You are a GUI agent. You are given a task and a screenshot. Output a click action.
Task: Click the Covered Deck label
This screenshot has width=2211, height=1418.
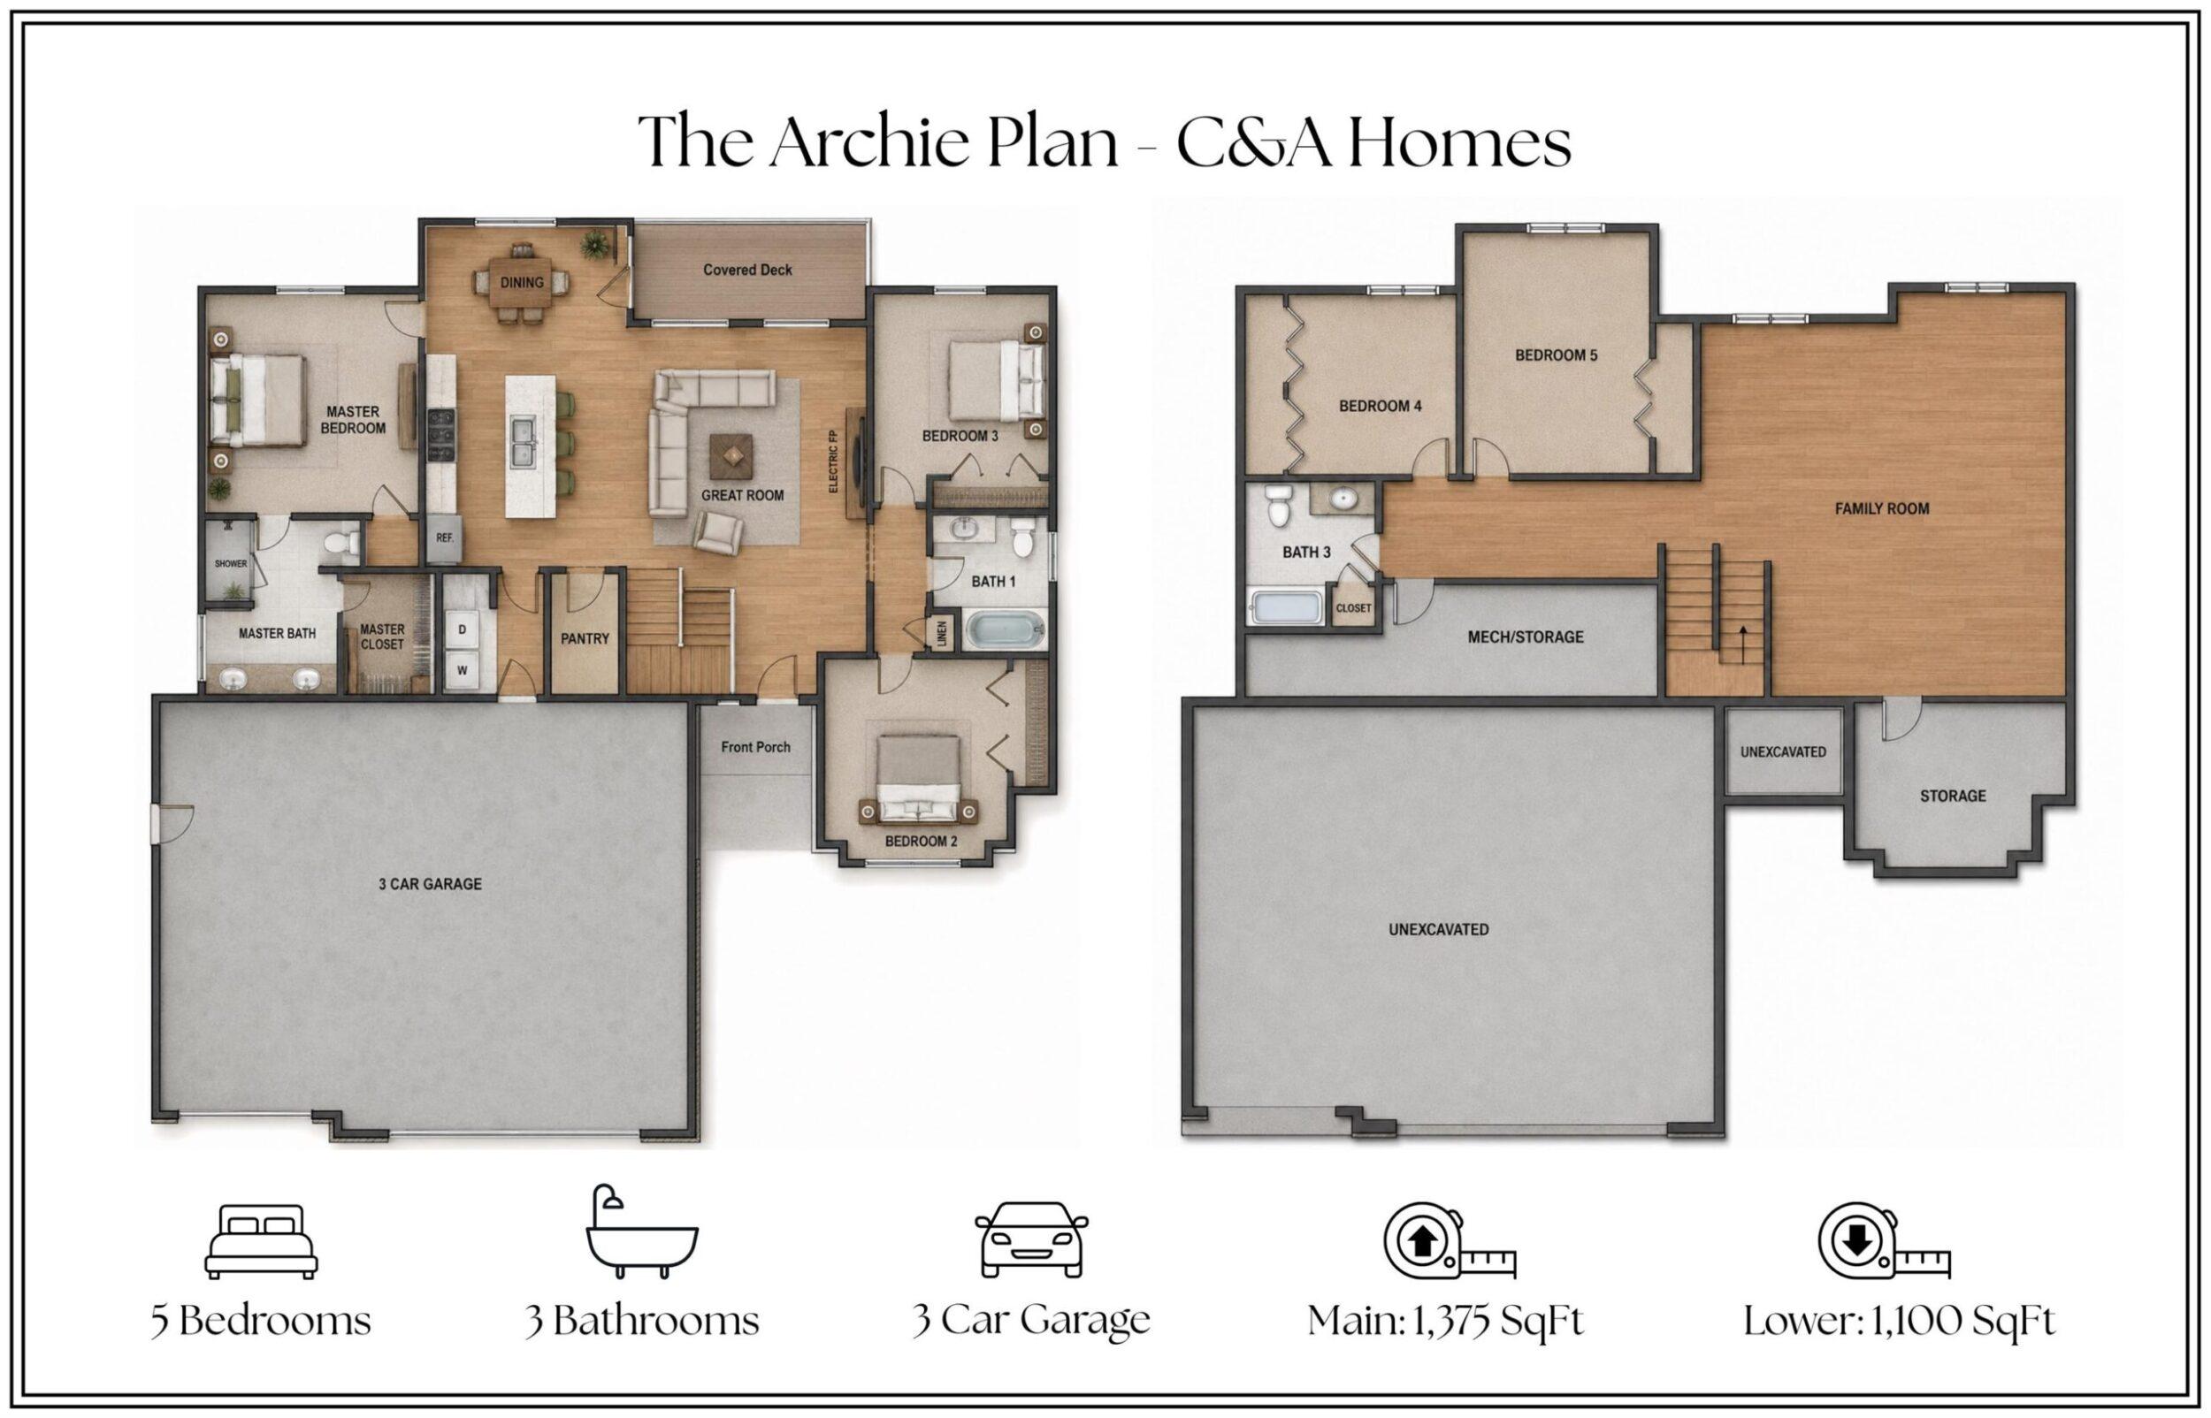tap(746, 270)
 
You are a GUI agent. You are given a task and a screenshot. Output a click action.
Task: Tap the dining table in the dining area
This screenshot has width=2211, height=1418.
tap(522, 282)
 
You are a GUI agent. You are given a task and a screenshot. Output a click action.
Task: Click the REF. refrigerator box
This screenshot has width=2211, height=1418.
tap(445, 537)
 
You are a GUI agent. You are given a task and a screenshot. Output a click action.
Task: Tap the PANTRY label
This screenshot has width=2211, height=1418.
tap(585, 638)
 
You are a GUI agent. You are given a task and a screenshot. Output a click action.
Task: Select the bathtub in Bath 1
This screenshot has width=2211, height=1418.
tap(1006, 630)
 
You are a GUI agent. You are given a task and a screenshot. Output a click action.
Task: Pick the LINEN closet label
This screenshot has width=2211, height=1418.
tap(942, 634)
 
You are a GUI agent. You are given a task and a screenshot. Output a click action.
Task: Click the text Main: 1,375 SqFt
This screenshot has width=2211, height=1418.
tap(1445, 1322)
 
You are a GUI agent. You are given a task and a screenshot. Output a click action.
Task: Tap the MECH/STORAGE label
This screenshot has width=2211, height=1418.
tap(1525, 637)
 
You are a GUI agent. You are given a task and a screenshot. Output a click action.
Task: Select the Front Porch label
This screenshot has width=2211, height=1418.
tap(755, 747)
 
